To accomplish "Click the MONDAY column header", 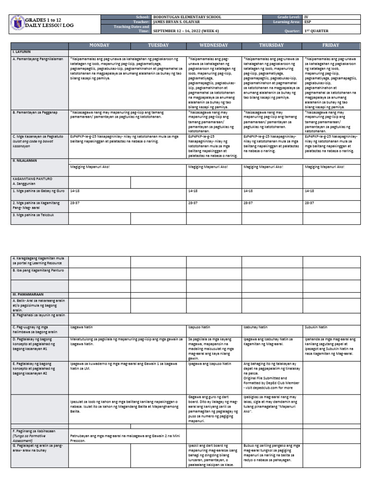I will pos(99,45).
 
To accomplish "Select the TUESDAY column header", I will pos(158,45).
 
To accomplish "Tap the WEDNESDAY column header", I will pos(214,45).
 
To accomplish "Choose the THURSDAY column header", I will pos(272,45).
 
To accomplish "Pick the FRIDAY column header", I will pos(331,45).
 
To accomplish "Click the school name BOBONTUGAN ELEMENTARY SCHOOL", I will pos(187,17).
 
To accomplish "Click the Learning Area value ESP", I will pos(308,22).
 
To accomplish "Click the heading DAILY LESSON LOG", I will pos(46,25).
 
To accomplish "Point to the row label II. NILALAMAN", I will pos(25,160).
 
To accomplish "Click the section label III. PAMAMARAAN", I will pos(27,293).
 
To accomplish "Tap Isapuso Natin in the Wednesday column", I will pos(199,327).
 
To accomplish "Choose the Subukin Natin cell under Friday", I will pos(316,327).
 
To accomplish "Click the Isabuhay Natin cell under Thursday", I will pos(256,327).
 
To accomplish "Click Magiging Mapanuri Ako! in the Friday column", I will pos(324,167).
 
